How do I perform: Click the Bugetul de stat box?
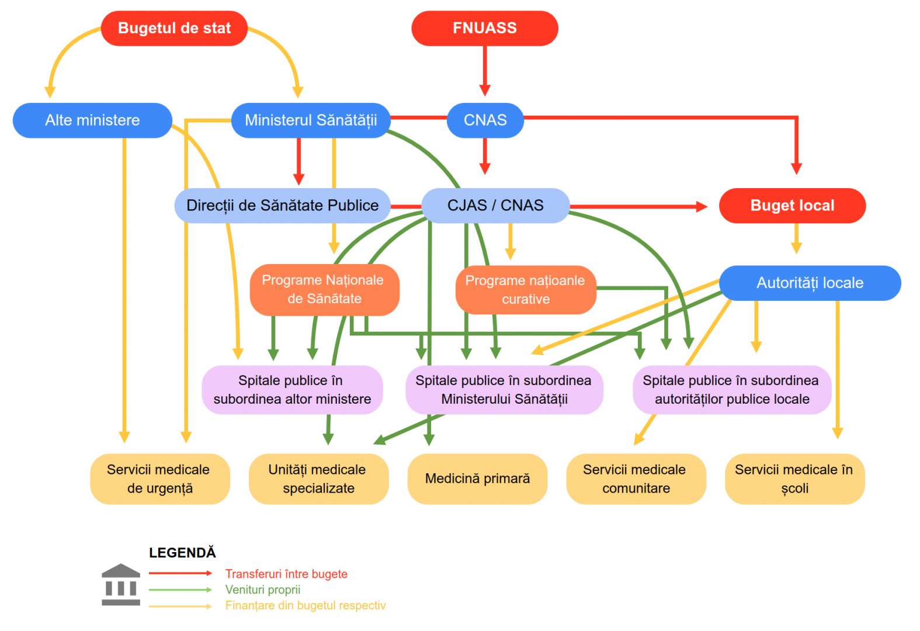pos(174,28)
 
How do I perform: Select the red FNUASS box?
pos(484,28)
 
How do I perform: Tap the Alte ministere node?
pos(92,120)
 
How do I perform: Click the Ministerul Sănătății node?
pos(310,120)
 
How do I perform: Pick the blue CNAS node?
pos(485,120)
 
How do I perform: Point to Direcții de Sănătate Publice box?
pos(282,206)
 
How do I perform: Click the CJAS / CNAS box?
pos(495,206)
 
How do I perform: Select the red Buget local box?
pos(791,206)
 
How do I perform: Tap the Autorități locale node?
pos(810,283)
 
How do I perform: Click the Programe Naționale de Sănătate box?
pos(324,290)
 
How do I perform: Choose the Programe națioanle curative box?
pos(525,290)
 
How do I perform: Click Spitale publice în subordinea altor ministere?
pos(292,390)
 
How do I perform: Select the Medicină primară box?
pos(477,479)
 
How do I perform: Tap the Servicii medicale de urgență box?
pos(159,479)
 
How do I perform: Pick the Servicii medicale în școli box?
pos(794,479)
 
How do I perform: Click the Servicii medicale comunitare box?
pos(636,479)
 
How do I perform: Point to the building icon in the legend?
pos(121,584)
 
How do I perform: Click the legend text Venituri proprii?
pos(262,590)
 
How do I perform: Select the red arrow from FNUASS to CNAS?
pos(484,70)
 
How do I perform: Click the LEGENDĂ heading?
pos(182,553)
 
